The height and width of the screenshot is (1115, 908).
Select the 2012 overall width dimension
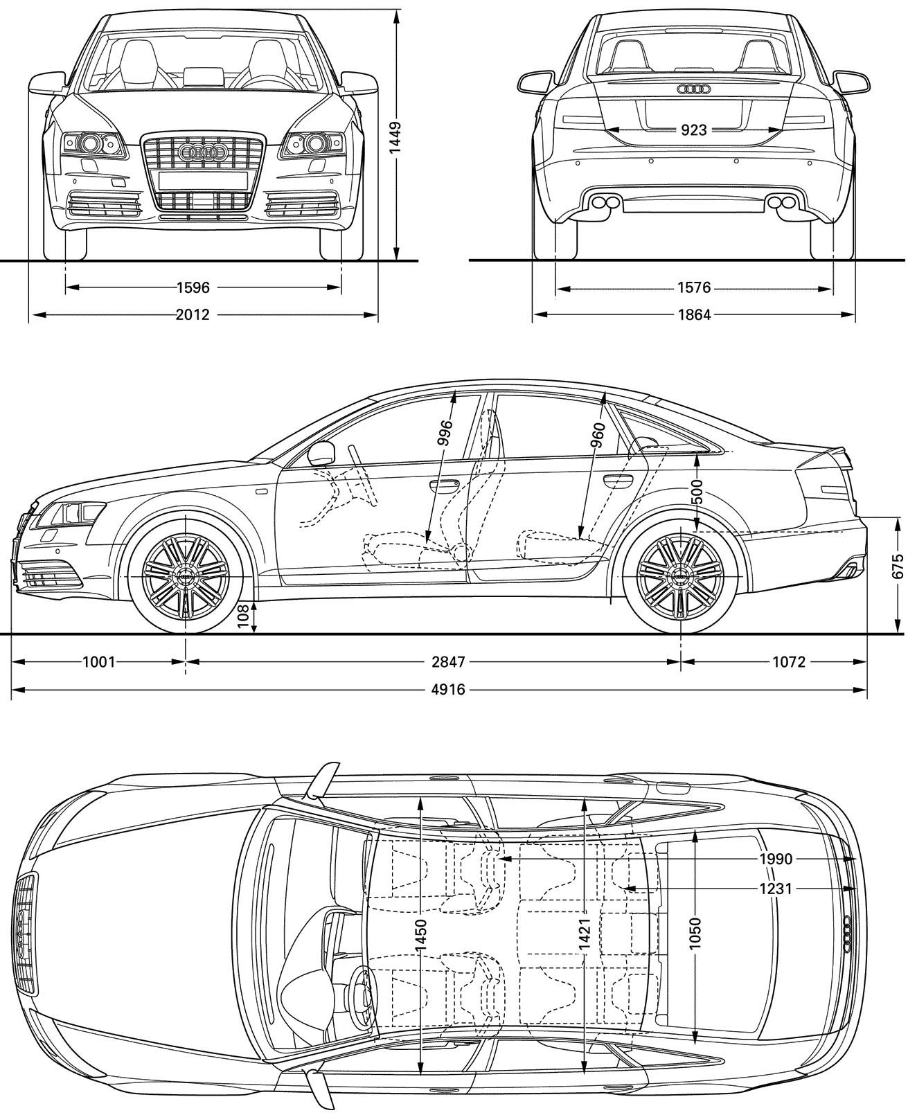tap(193, 314)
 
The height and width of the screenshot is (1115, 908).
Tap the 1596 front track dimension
tap(193, 287)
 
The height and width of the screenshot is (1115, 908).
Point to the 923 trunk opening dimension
tap(694, 130)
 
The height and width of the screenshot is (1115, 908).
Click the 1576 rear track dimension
tap(694, 287)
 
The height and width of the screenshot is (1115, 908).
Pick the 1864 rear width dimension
tap(694, 314)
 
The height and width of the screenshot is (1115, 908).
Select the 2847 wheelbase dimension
tap(448, 662)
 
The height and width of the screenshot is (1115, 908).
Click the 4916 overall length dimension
tap(448, 689)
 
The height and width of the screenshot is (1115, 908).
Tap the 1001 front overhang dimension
tap(98, 662)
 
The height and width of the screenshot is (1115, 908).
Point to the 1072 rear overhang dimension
tap(789, 662)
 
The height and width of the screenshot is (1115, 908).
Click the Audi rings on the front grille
tap(203, 152)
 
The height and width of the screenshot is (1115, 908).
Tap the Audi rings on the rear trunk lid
tap(694, 89)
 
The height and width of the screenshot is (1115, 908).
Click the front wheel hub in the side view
tap(185, 576)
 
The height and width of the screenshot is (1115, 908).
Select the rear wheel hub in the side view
tap(681, 576)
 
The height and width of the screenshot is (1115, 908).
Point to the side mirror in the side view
tap(322, 454)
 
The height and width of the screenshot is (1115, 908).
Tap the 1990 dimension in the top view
tap(776, 859)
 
